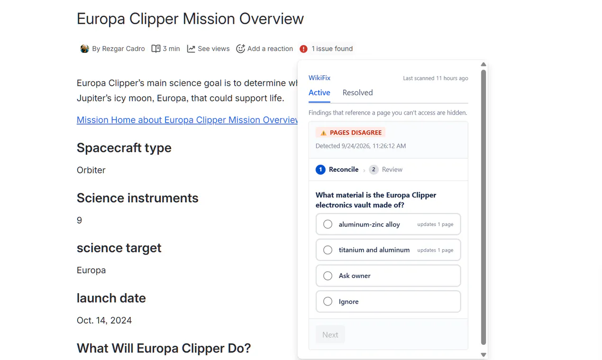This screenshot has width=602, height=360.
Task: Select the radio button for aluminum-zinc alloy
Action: point(328,224)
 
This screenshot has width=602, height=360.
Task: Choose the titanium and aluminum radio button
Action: point(328,250)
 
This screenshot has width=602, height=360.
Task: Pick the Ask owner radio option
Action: point(328,276)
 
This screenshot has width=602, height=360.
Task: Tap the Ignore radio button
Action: point(328,301)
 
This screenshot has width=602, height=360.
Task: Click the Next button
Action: point(330,334)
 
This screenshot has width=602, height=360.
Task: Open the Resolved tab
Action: point(357,93)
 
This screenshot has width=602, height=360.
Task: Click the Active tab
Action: point(319,93)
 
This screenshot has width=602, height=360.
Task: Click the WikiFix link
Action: point(319,78)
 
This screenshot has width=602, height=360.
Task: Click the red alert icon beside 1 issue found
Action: point(303,49)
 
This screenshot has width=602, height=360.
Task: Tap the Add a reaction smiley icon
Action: point(240,49)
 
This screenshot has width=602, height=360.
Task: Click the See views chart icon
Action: point(191,49)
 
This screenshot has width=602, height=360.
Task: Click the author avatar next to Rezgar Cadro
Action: point(84,49)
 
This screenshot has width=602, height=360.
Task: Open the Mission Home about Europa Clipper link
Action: point(187,120)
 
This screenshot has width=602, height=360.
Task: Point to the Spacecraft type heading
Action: point(124,148)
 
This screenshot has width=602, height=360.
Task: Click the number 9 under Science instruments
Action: point(79,220)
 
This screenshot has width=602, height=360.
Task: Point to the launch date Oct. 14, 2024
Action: point(104,320)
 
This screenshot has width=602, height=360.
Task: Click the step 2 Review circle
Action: point(374,170)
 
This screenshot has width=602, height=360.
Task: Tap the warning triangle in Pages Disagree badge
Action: point(323,133)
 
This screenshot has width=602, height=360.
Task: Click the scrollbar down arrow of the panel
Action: point(483,355)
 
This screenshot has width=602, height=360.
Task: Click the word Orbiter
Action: point(91,170)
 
